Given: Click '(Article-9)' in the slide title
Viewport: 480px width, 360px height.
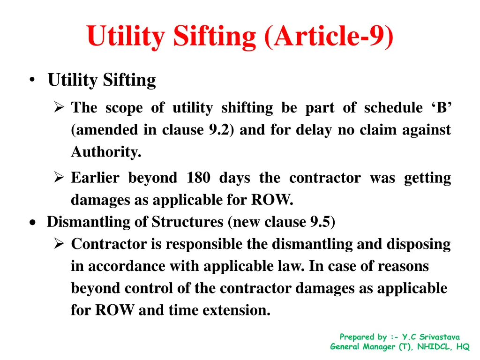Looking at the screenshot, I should (x=329, y=37).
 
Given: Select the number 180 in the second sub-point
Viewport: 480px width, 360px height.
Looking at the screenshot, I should (x=198, y=178).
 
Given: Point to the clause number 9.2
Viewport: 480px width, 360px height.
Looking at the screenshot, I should (x=223, y=130).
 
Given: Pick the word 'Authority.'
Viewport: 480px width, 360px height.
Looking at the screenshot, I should (x=106, y=152).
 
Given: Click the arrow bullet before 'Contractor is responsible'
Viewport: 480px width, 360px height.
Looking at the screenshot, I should (x=59, y=244).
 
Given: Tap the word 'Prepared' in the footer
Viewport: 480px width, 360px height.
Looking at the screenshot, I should (x=357, y=337).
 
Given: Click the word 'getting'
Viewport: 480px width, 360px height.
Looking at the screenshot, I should (x=427, y=178).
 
